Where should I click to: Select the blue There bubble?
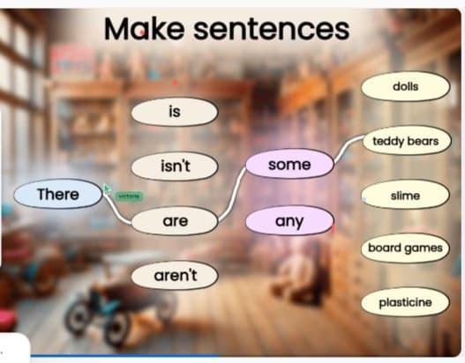58,195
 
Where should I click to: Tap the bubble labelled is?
174,112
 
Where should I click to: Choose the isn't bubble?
175,166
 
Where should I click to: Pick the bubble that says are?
175,221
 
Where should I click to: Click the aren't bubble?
175,276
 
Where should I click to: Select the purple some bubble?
289,165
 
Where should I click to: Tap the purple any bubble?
289,221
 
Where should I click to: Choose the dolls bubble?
405,87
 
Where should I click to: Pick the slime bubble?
405,195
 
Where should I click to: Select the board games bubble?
405,248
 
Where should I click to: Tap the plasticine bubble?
405,302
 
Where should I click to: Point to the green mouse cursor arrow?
107,189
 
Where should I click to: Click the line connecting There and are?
118,209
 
